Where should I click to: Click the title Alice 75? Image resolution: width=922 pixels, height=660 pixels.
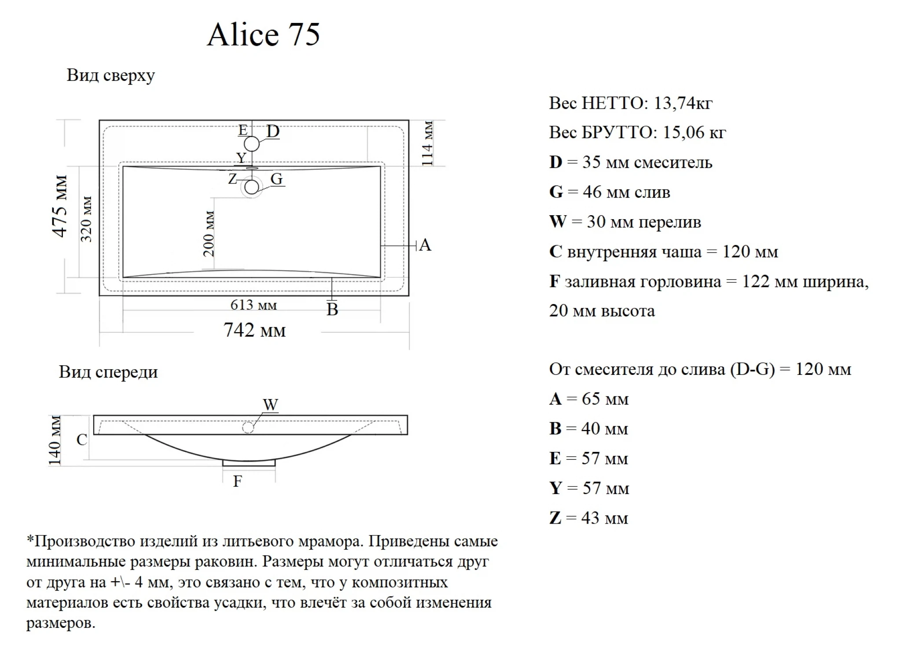(x=263, y=34)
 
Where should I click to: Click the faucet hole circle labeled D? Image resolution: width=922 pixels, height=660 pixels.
(x=252, y=144)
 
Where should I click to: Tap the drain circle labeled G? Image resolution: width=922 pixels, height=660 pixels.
(x=251, y=187)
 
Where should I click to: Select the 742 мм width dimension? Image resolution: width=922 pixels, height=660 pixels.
(x=254, y=330)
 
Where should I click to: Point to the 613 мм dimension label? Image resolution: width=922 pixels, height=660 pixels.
(x=253, y=304)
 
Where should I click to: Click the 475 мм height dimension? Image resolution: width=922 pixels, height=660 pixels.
(x=60, y=206)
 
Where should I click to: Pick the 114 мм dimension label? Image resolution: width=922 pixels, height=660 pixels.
(x=427, y=143)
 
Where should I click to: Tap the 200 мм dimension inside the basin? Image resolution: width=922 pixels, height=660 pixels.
(x=209, y=234)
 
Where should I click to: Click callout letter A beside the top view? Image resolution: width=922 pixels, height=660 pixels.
(x=425, y=245)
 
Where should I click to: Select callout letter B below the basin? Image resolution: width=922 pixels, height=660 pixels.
(x=332, y=309)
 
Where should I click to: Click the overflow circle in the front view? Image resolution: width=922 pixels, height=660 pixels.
(x=248, y=427)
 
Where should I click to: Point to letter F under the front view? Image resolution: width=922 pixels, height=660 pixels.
(x=237, y=481)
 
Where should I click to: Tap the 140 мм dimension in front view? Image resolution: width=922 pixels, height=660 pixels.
(x=55, y=440)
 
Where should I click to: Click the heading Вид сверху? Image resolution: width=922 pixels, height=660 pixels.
(x=110, y=75)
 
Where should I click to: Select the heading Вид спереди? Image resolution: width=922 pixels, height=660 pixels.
(x=108, y=372)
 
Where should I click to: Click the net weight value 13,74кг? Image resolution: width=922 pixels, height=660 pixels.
(x=683, y=103)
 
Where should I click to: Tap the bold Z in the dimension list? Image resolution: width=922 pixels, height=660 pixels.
(x=555, y=518)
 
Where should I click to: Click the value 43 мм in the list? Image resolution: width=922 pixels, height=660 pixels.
(x=605, y=518)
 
